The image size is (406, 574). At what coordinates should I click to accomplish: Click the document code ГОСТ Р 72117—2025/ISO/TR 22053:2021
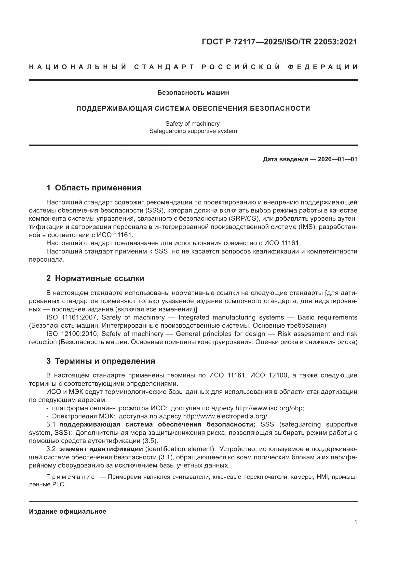(279, 42)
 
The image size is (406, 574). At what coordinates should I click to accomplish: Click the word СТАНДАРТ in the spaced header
(164, 67)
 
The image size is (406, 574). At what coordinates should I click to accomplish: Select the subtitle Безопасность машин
(193, 93)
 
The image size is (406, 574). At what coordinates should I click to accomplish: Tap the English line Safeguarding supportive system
(193, 131)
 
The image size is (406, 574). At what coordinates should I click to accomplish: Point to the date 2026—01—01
(337, 159)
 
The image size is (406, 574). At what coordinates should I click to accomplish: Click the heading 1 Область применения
(94, 188)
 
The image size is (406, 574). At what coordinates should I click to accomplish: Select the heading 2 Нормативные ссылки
(95, 278)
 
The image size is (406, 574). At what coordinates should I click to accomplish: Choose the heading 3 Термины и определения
(100, 361)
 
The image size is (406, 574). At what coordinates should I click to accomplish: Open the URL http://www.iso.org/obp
(269, 408)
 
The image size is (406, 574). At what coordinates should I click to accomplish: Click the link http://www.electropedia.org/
(226, 416)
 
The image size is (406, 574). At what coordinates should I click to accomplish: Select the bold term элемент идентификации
(101, 449)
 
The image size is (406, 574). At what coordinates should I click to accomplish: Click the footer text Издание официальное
(68, 511)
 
